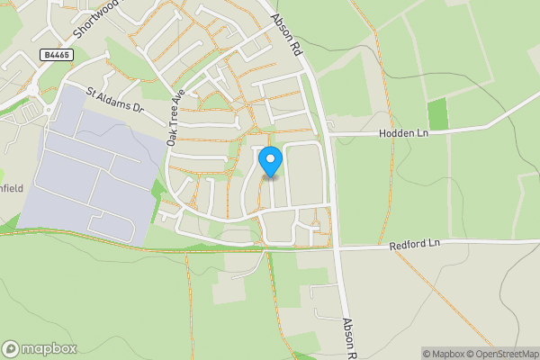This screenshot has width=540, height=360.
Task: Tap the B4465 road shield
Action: pos(55,55)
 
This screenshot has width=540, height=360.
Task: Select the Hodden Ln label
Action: pos(404,133)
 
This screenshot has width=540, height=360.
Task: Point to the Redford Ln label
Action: pos(415,244)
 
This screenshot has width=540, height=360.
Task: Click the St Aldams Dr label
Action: pos(114,99)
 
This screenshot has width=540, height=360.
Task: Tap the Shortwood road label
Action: pos(96,18)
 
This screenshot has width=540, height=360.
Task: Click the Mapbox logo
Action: pos(40,348)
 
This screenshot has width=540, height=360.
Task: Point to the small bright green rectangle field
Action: pos(438,114)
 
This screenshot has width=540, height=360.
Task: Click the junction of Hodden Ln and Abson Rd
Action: pos(329,134)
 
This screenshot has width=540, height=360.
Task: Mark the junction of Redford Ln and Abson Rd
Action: pos(338,247)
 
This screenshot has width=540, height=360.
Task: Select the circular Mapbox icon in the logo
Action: pos(11,348)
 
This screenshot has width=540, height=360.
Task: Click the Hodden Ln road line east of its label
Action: pos(486,127)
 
